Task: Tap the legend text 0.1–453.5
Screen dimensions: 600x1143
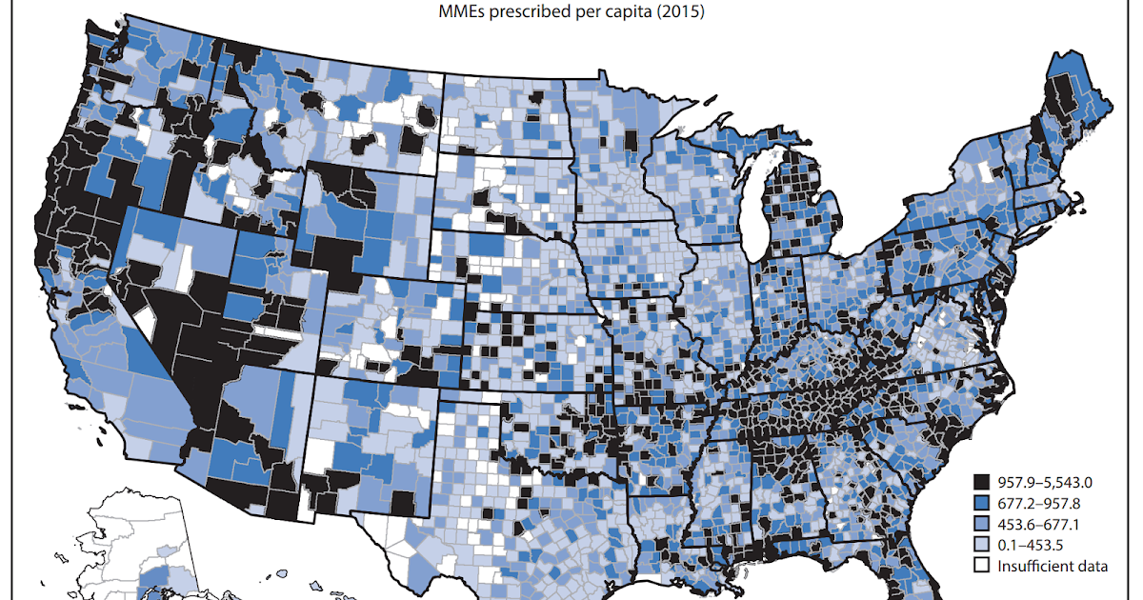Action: click(1033, 545)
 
